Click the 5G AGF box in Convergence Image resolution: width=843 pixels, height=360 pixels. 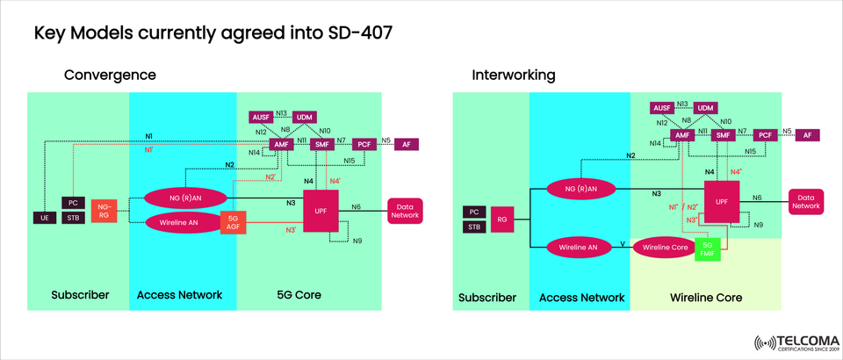click(233, 223)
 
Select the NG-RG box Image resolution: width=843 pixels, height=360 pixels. click(104, 210)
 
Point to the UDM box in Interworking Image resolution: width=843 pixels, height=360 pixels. click(706, 107)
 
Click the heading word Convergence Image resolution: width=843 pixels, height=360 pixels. click(110, 76)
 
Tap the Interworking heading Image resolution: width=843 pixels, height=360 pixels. click(514, 76)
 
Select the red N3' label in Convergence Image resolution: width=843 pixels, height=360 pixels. click(290, 230)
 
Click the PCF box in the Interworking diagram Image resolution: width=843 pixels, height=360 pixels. click(765, 135)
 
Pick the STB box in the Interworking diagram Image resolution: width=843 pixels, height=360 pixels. click(474, 228)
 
